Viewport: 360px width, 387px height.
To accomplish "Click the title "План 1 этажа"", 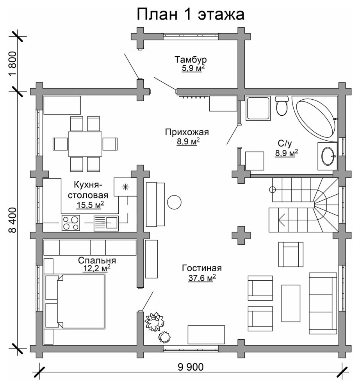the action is pyautogui.click(x=191, y=14).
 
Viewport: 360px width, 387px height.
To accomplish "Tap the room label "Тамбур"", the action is pyautogui.click(x=191, y=59).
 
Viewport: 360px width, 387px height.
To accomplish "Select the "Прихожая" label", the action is pyautogui.click(x=187, y=132).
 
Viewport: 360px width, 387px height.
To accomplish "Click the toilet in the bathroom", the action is pyautogui.click(x=282, y=106).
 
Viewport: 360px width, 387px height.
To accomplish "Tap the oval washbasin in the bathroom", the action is pyautogui.click(x=328, y=156).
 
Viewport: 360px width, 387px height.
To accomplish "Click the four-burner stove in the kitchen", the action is pyautogui.click(x=71, y=223).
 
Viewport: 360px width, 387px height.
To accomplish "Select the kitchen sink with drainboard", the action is pyautogui.click(x=106, y=223).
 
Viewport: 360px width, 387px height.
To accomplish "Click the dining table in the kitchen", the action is pyautogui.click(x=85, y=144).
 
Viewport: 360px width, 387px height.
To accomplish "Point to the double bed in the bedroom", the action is pyautogui.click(x=75, y=301).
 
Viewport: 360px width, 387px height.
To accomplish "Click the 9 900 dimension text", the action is pyautogui.click(x=191, y=367).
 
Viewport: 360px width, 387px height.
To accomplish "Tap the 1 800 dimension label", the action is pyautogui.click(x=12, y=64).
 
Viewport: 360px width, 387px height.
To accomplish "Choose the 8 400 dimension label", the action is pyautogui.click(x=12, y=220).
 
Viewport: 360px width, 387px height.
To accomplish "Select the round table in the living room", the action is pyautogui.click(x=174, y=202).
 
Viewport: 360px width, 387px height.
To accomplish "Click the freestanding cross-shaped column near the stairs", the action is pyautogui.click(x=241, y=235).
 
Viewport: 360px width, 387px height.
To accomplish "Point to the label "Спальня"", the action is pyautogui.click(x=97, y=260).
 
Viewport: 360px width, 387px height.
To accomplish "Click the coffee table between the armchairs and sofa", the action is pyautogui.click(x=291, y=303).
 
